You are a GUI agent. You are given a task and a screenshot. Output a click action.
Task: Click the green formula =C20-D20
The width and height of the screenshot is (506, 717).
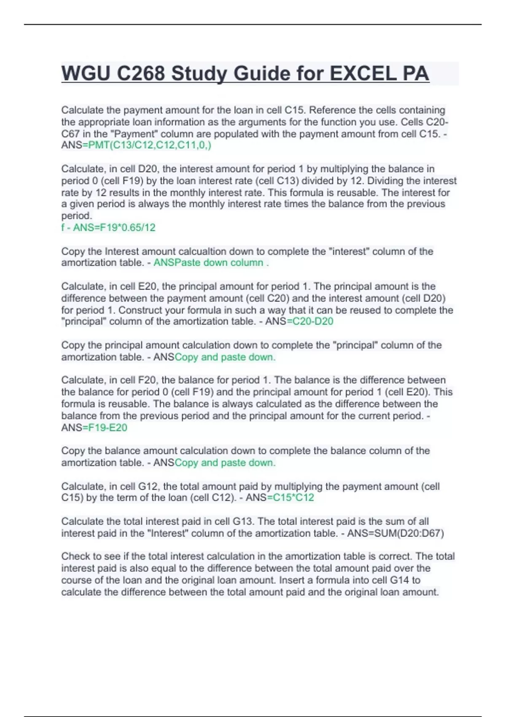pos(310,321)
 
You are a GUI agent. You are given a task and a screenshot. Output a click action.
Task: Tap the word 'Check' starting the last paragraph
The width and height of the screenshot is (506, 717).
pos(75,556)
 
